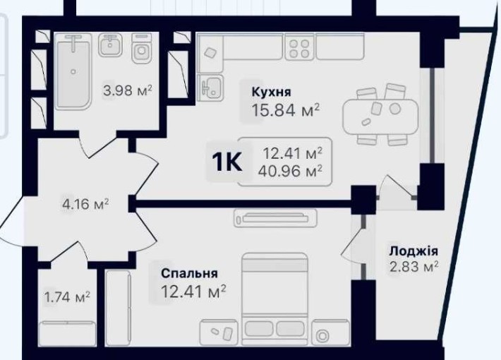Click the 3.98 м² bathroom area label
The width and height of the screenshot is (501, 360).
pyautogui.click(x=128, y=90)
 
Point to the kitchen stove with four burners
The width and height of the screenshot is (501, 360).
pyautogui.click(x=300, y=47)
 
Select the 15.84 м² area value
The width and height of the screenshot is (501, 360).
pyautogui.click(x=286, y=110)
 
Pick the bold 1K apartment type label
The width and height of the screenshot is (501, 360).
pyautogui.click(x=227, y=162)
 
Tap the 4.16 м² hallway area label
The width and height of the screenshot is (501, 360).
pyautogui.click(x=85, y=205)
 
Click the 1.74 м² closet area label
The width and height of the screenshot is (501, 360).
pyautogui.click(x=67, y=297)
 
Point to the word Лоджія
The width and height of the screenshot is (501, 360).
pyautogui.click(x=414, y=251)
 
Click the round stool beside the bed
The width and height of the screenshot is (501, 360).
pyautogui.click(x=324, y=335)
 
